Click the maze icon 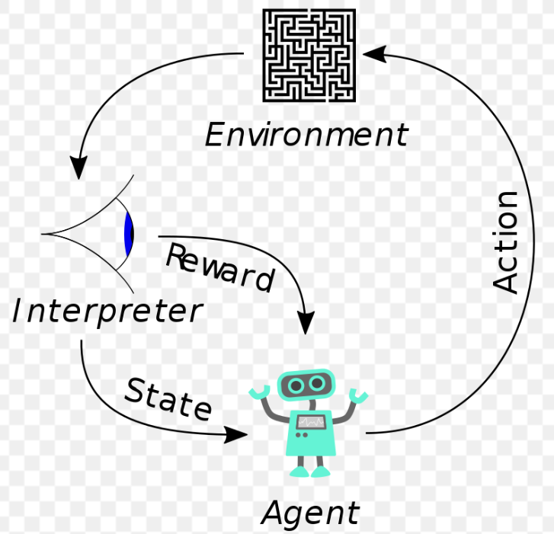point(309,56)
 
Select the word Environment point(306,134)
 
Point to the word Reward point(220,267)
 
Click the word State point(168,399)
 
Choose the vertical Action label point(505,242)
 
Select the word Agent point(310,514)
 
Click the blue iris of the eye point(129,234)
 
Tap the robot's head point(306,385)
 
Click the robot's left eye point(296,385)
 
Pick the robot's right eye point(316,383)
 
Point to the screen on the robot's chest point(311,422)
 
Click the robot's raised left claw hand point(260,392)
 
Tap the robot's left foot point(299,472)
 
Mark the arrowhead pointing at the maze point(374,54)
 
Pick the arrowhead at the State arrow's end point(236,434)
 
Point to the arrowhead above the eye point(78,168)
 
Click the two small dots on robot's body point(301,435)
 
